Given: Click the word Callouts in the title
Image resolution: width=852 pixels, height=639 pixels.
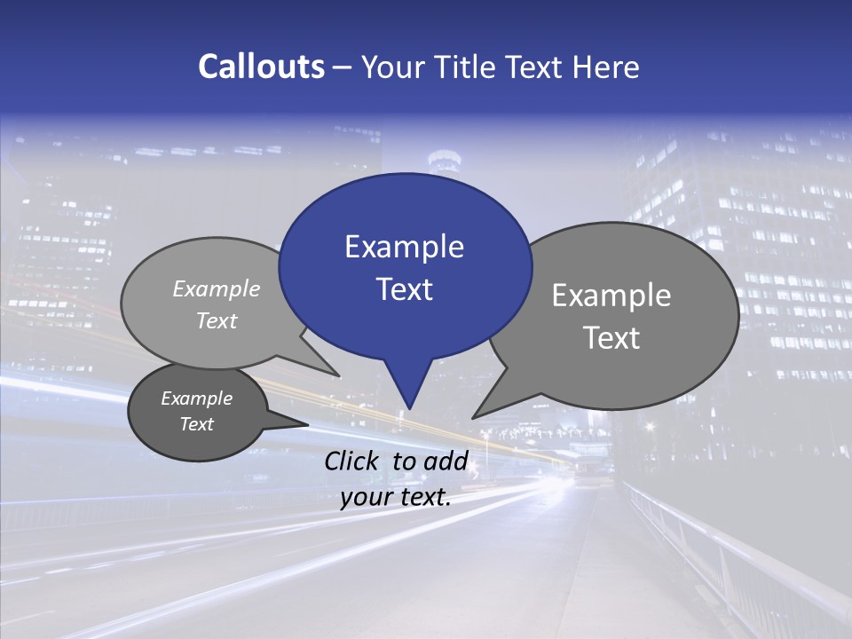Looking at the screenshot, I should click(262, 67).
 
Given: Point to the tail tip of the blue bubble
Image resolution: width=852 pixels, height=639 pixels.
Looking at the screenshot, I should click(409, 408).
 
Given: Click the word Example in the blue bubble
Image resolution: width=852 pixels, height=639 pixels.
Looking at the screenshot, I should click(404, 247).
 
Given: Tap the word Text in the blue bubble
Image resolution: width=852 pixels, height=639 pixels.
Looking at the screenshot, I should click(404, 289).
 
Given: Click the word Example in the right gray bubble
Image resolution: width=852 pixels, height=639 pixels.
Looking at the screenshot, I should click(611, 296).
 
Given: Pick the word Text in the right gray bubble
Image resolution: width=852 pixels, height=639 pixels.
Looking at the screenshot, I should click(611, 338).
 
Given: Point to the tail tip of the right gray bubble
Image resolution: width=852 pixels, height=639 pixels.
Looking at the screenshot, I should click(473, 417).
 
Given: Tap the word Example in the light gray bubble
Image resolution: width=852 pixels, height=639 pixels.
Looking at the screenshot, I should click(217, 289).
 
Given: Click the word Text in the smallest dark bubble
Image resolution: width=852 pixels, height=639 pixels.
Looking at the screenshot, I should click(197, 424).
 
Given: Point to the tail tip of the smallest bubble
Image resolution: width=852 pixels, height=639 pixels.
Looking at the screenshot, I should click(308, 424).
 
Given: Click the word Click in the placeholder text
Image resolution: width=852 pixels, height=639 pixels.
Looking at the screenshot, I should click(354, 461).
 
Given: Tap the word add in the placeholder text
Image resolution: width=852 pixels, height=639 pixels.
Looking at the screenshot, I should click(446, 461).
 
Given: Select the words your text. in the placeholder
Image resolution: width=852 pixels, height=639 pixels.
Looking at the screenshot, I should click(396, 498).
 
